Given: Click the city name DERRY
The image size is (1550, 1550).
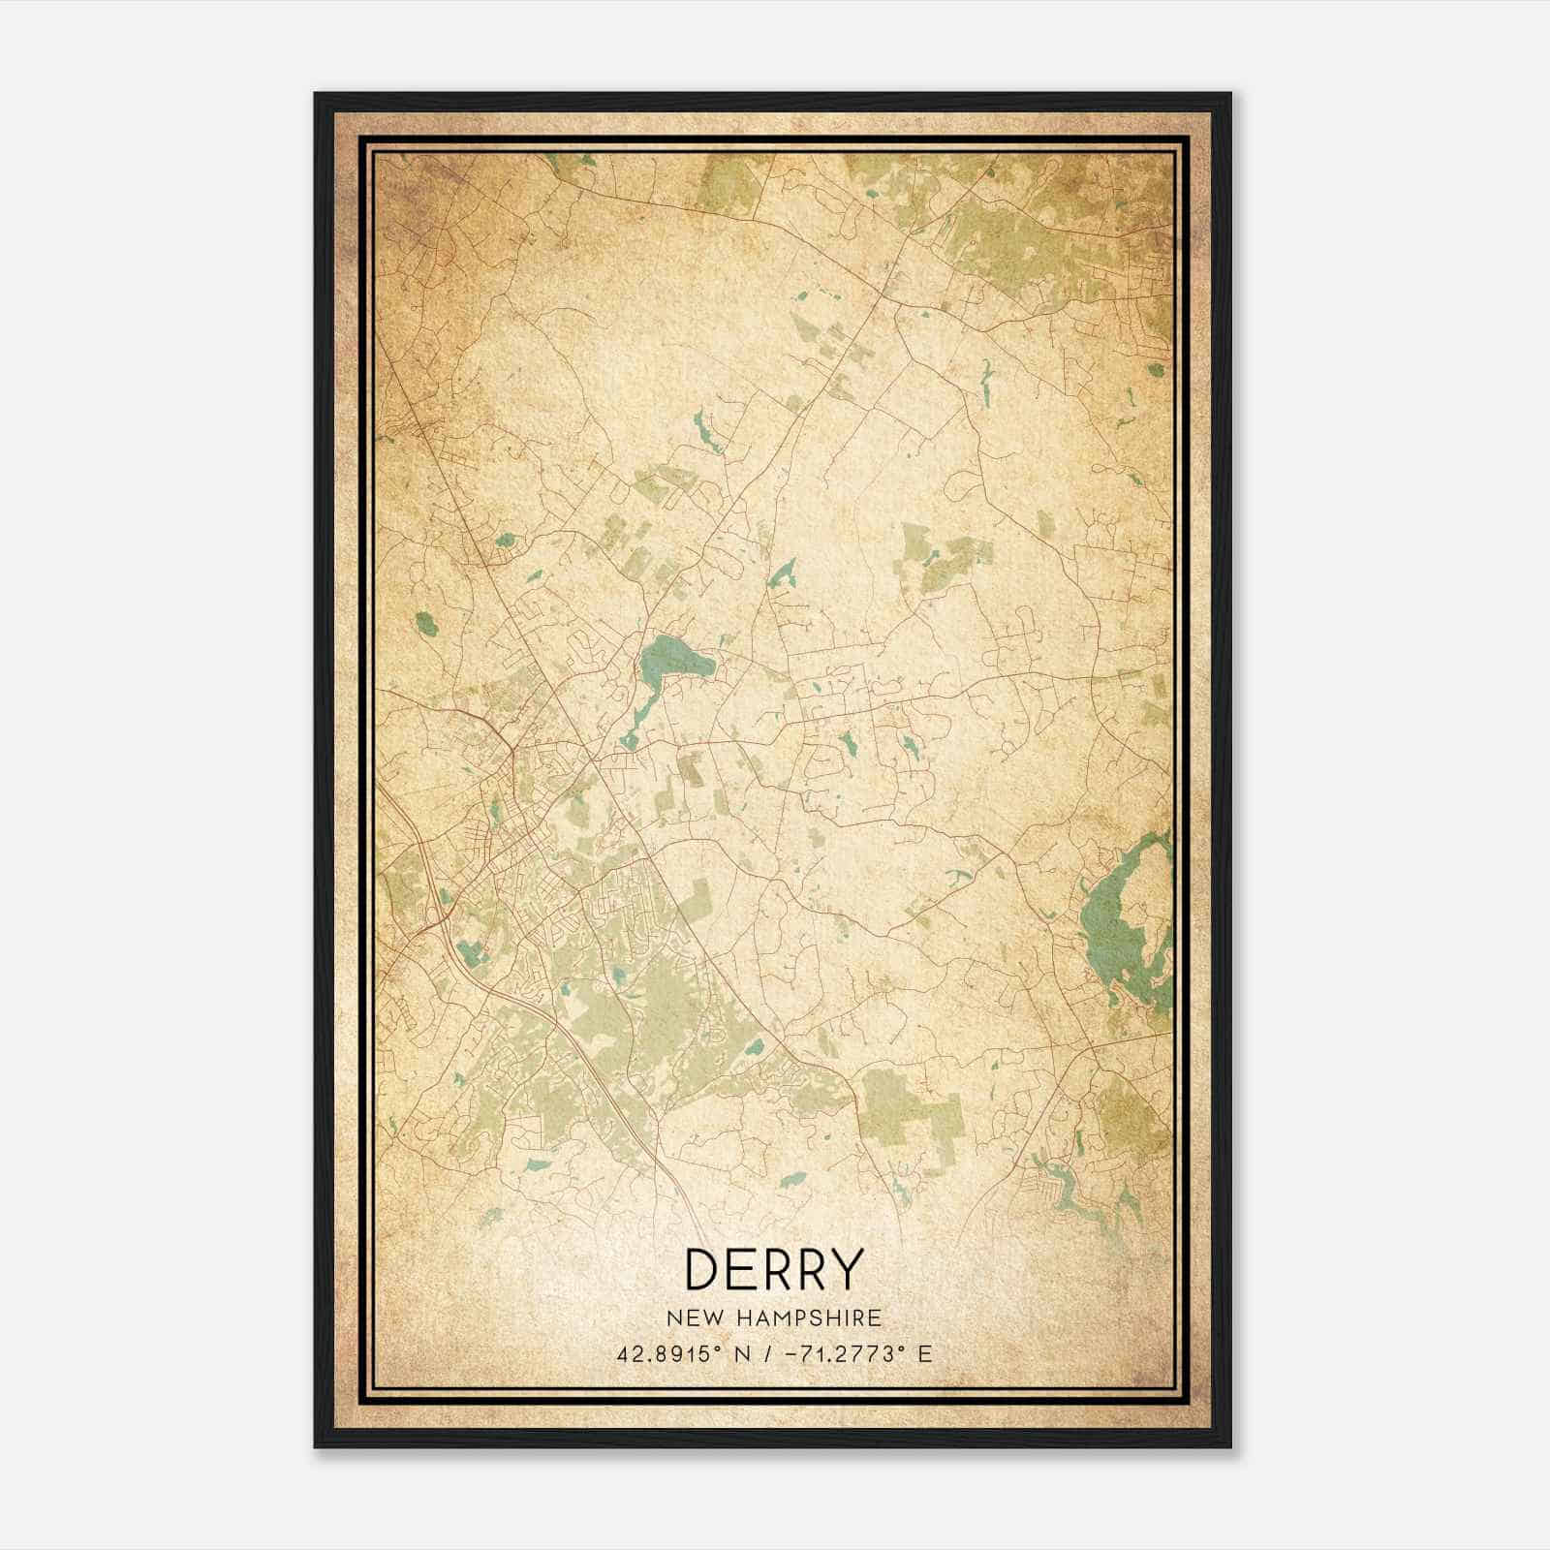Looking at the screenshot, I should point(773,1269).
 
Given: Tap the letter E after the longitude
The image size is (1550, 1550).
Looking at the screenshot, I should point(925,1353).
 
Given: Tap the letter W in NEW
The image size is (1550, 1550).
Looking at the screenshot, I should point(709,1318).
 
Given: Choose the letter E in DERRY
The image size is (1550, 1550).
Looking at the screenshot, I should point(741,1269).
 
